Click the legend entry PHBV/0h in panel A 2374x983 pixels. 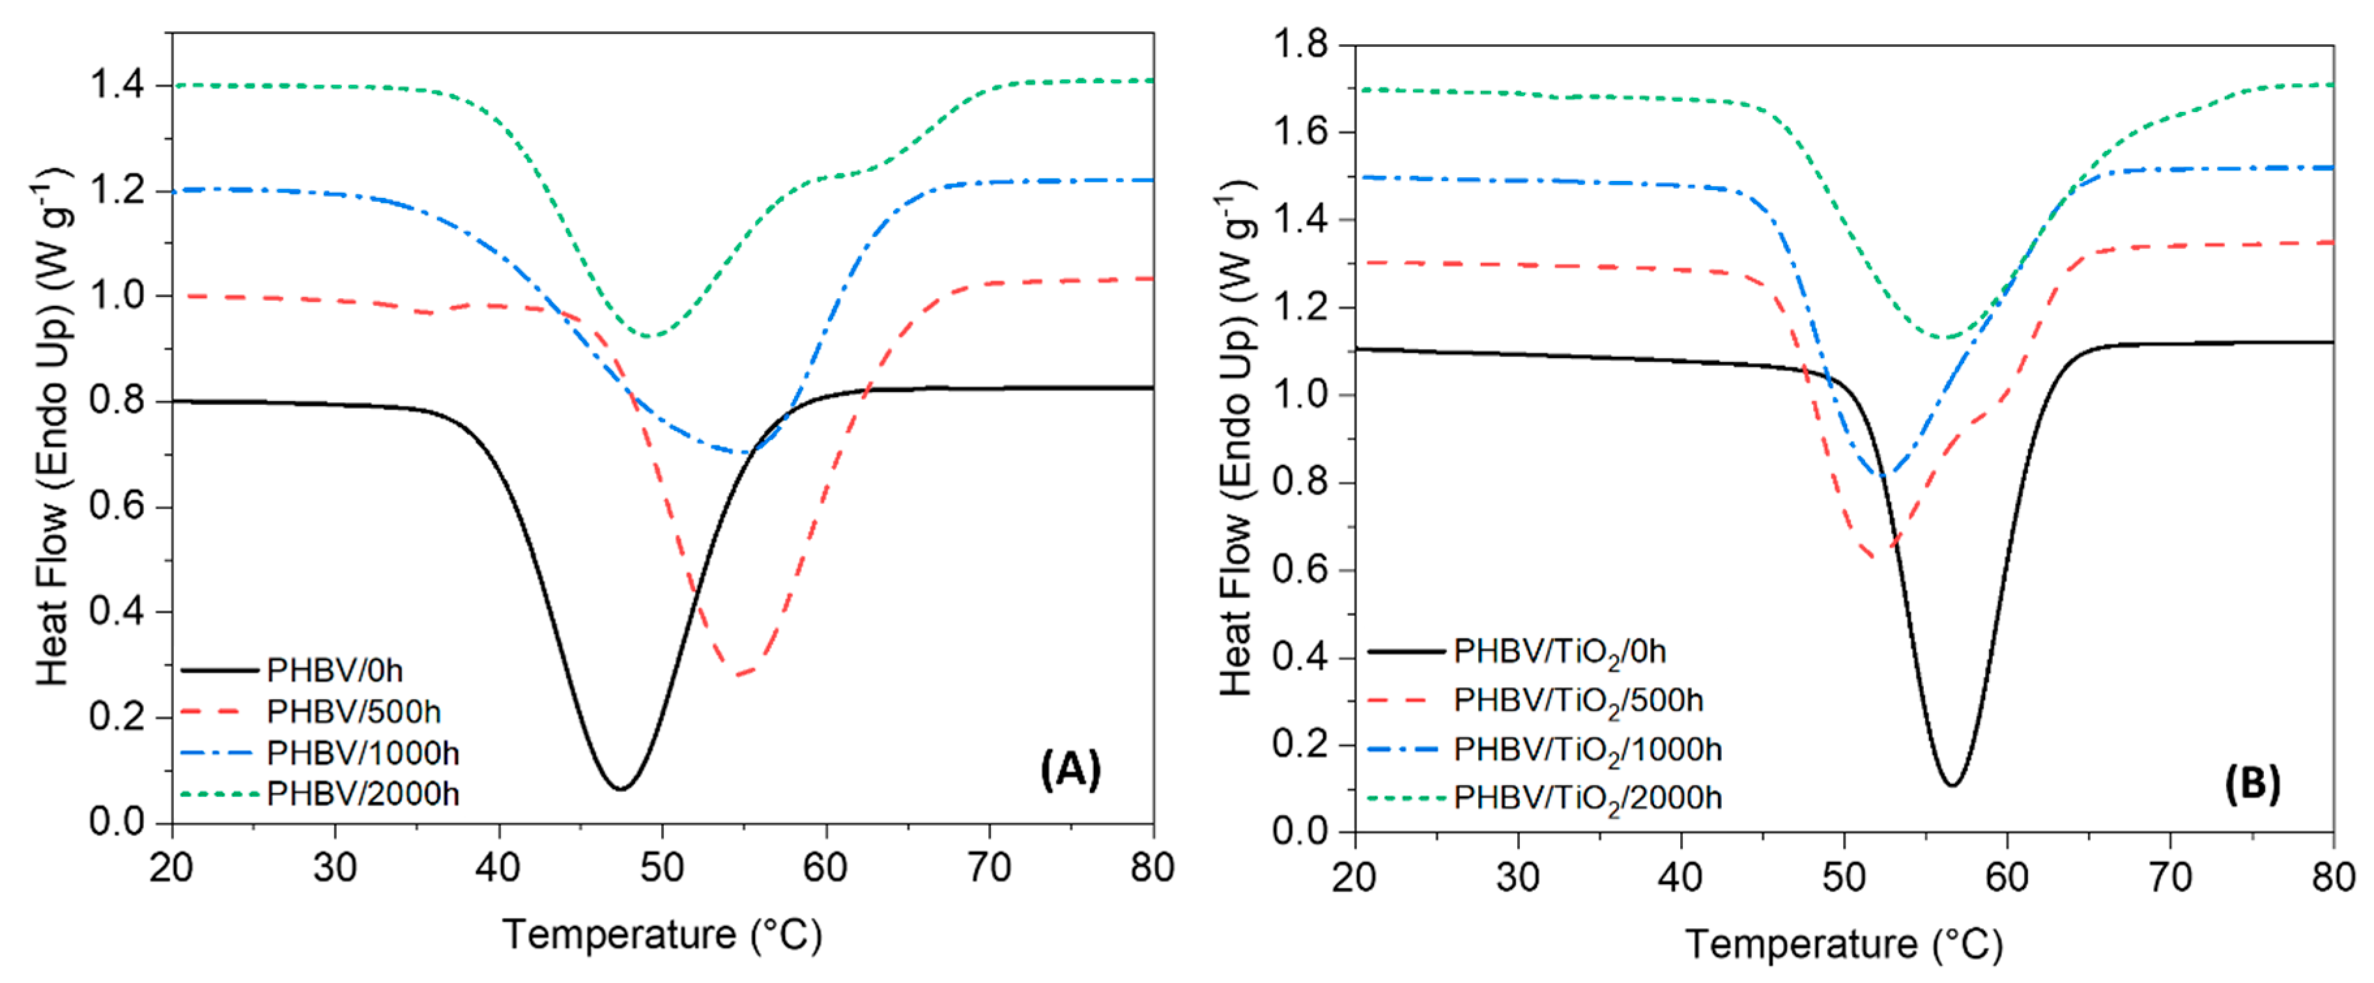[x=334, y=670]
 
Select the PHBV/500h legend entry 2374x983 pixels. [x=353, y=712]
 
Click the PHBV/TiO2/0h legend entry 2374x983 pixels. [x=1559, y=652]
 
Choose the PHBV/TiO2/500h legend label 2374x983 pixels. [x=1578, y=701]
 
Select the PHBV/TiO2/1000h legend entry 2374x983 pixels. [x=1587, y=751]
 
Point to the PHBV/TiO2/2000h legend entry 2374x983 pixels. [x=1587, y=798]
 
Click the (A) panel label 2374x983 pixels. [x=1070, y=768]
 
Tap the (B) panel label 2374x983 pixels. [x=2252, y=784]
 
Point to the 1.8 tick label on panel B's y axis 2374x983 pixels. [x=1300, y=44]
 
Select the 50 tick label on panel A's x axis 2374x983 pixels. [x=662, y=868]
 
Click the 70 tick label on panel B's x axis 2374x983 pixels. [x=2170, y=877]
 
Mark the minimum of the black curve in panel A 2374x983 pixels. [x=620, y=788]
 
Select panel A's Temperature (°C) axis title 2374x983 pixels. [x=662, y=934]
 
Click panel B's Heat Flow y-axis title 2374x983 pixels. [x=1236, y=437]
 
